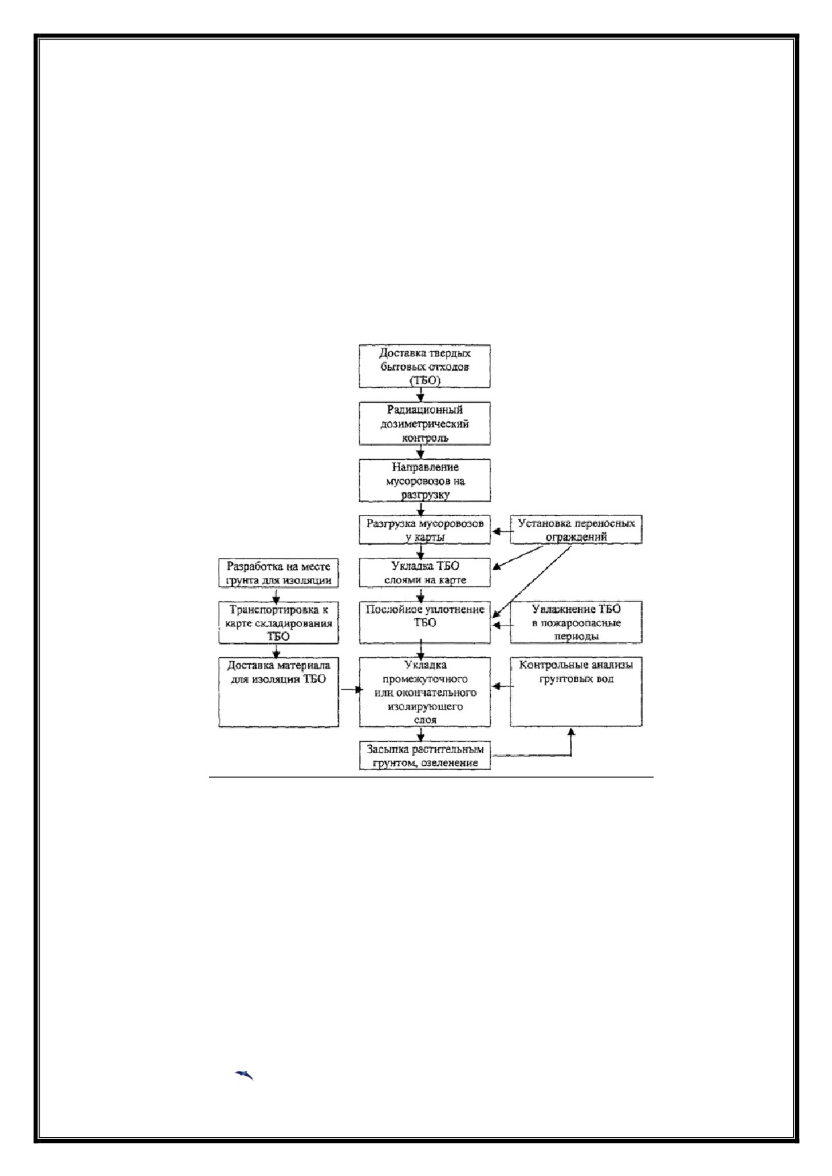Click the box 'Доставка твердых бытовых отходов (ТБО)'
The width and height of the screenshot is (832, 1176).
(424, 366)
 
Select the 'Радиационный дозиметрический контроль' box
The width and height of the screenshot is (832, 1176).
(424, 424)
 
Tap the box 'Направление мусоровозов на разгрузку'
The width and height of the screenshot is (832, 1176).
(424, 481)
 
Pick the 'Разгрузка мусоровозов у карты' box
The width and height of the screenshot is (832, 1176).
(424, 530)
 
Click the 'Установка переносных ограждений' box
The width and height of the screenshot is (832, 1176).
(576, 530)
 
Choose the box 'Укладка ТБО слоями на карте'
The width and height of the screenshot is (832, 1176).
(424, 573)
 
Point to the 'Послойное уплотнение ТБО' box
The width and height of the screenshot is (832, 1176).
(424, 622)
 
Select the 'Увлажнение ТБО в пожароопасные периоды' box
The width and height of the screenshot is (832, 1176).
(576, 622)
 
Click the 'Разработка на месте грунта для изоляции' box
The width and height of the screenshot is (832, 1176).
(279, 573)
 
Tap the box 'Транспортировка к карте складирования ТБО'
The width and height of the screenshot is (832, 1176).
(279, 622)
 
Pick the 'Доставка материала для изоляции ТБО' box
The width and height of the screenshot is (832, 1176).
(279, 692)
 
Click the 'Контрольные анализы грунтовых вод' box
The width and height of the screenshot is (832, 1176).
(576, 692)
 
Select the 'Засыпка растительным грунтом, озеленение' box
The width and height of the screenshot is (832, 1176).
(424, 756)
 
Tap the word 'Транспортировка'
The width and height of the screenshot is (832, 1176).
(272, 610)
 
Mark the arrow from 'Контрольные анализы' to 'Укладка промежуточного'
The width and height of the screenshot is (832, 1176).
(501, 686)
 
